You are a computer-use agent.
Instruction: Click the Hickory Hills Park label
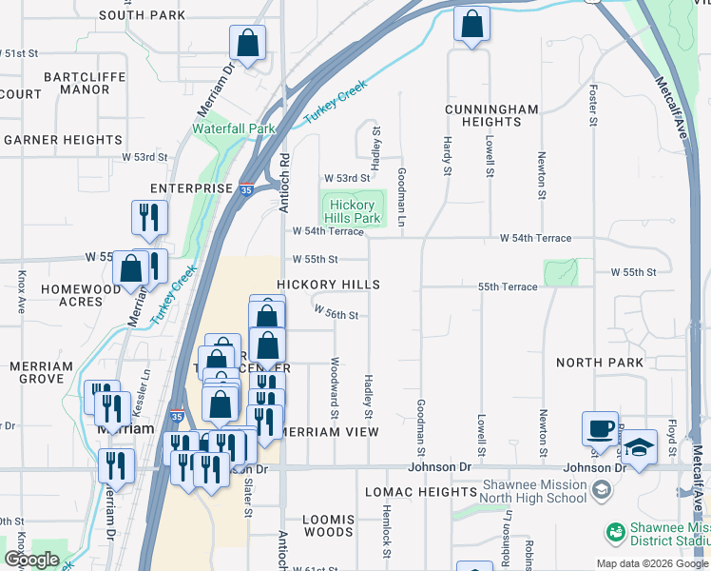[354, 211]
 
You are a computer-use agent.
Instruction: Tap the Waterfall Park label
[233, 128]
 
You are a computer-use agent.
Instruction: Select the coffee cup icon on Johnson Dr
[600, 428]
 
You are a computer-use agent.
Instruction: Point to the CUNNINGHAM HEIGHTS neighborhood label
[491, 116]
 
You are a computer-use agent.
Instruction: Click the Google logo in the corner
[31, 560]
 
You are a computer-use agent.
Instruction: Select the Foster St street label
[592, 105]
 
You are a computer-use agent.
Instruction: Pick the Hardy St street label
[446, 155]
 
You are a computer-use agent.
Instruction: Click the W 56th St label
[336, 315]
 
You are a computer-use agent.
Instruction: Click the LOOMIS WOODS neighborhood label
[328, 526]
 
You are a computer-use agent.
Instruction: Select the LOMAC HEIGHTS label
[421, 492]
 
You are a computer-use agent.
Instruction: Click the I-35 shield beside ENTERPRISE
[246, 190]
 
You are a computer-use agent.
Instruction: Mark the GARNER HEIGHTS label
[63, 140]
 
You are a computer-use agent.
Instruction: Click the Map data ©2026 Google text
[651, 563]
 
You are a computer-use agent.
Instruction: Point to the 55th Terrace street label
[508, 286]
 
